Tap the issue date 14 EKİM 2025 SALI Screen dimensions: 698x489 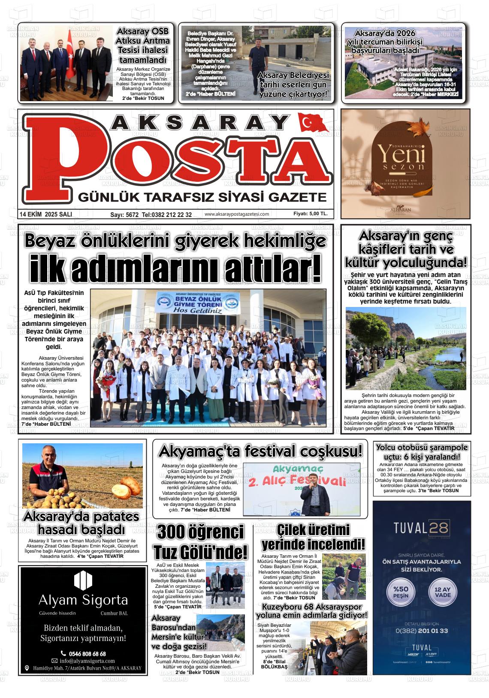pos(46,214)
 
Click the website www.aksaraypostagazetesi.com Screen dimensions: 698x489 pos(237,214)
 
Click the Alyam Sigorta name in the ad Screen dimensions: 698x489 pos(83,599)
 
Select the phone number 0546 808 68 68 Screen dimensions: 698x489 pos(87,653)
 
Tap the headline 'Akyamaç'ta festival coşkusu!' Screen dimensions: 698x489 pos(260,451)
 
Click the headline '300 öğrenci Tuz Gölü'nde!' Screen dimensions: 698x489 pos(200,542)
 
